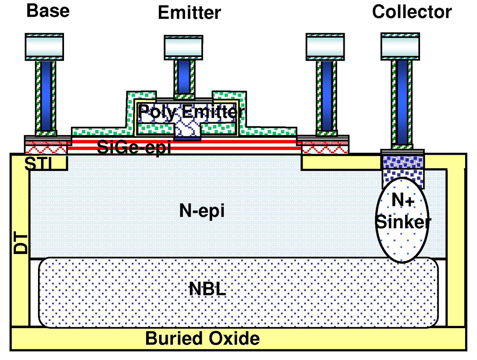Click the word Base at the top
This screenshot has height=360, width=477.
48,11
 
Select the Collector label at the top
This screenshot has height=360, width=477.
412,11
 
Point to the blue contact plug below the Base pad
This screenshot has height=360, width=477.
45,95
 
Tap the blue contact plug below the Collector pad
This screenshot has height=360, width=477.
402,102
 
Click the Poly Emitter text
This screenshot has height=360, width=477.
191,112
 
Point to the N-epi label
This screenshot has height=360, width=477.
202,211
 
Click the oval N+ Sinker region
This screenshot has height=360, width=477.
402,225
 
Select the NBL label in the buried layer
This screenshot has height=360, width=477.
207,290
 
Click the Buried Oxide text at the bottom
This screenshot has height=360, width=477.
203,339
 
